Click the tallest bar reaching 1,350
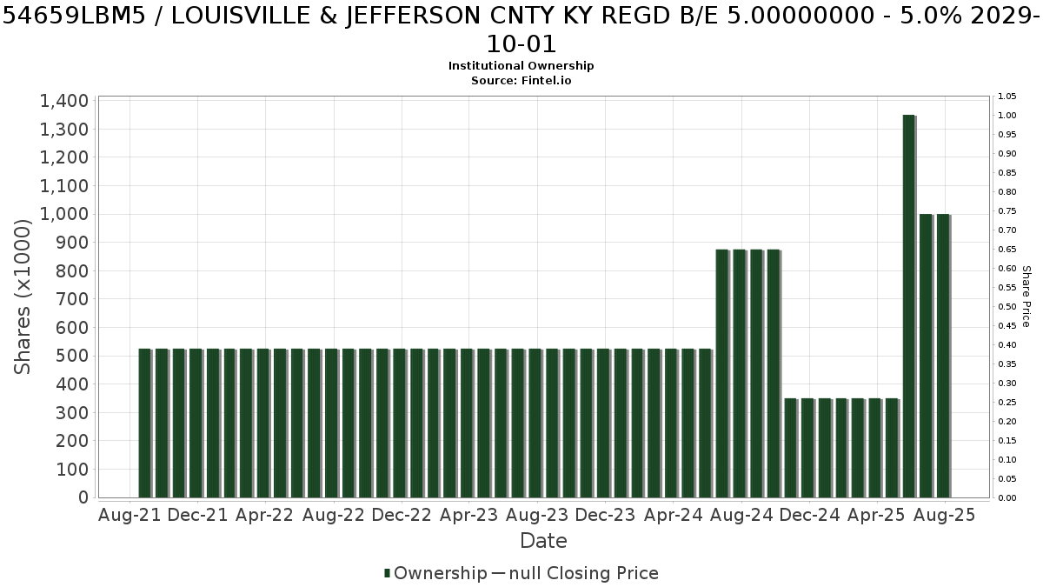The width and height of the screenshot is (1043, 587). [909, 306]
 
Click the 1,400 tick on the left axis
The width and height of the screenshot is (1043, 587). [64, 101]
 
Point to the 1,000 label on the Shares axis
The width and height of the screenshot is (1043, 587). [64, 214]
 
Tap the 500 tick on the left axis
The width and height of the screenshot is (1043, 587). [72, 356]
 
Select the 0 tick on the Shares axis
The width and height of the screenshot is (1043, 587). [83, 497]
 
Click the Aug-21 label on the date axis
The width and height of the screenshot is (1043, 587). [130, 515]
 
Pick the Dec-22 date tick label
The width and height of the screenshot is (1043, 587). [402, 515]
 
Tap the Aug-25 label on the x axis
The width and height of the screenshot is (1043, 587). [944, 515]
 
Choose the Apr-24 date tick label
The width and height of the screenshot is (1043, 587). [674, 515]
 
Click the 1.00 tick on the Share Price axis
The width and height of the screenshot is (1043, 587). [1007, 116]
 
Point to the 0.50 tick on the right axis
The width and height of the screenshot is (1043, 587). [1007, 306]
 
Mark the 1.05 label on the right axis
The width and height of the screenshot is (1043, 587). [1007, 97]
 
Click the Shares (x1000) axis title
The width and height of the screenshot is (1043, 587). [22, 297]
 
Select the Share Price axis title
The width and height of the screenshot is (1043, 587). [1026, 297]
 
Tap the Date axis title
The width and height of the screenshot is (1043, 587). [543, 541]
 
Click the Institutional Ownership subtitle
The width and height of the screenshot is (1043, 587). [521, 66]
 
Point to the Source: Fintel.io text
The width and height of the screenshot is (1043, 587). [521, 81]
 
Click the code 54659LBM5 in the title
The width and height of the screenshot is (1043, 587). [74, 17]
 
